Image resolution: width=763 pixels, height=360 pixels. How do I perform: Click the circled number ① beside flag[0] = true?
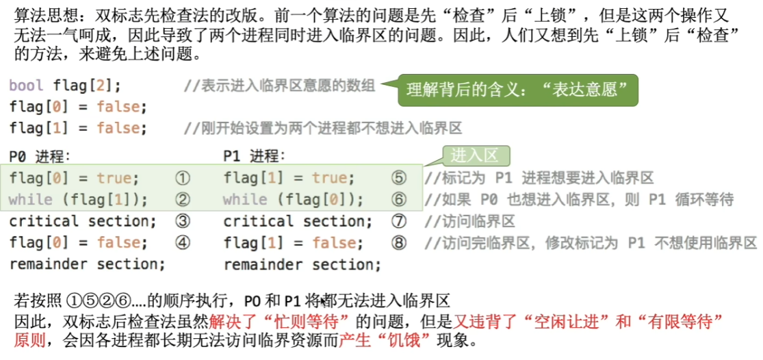pyautogui.click(x=182, y=179)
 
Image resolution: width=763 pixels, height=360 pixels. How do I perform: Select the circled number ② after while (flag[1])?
pyautogui.click(x=182, y=199)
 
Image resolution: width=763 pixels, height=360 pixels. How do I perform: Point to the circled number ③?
pyautogui.click(x=182, y=221)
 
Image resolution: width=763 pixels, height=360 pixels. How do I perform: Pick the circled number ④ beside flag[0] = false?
pyautogui.click(x=182, y=243)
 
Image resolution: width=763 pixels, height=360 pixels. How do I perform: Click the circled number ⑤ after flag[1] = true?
pyautogui.click(x=398, y=179)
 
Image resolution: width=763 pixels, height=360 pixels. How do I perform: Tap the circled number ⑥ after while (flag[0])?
pyautogui.click(x=398, y=199)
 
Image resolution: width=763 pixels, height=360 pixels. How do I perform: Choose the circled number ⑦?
pyautogui.click(x=398, y=221)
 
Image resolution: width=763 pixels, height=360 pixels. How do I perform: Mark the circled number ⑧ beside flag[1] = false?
pyautogui.click(x=398, y=243)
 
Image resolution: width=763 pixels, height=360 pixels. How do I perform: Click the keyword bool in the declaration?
pyautogui.click(x=26, y=86)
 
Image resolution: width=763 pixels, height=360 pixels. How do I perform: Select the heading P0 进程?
pyautogui.click(x=40, y=157)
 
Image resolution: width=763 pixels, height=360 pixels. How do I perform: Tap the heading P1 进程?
pyautogui.click(x=253, y=157)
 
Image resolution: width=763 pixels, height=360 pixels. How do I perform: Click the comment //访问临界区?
pyautogui.click(x=469, y=222)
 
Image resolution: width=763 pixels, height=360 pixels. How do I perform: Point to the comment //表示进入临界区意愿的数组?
pyautogui.click(x=279, y=86)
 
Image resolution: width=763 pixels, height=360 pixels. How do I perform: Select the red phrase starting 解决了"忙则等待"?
pyautogui.click(x=281, y=321)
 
